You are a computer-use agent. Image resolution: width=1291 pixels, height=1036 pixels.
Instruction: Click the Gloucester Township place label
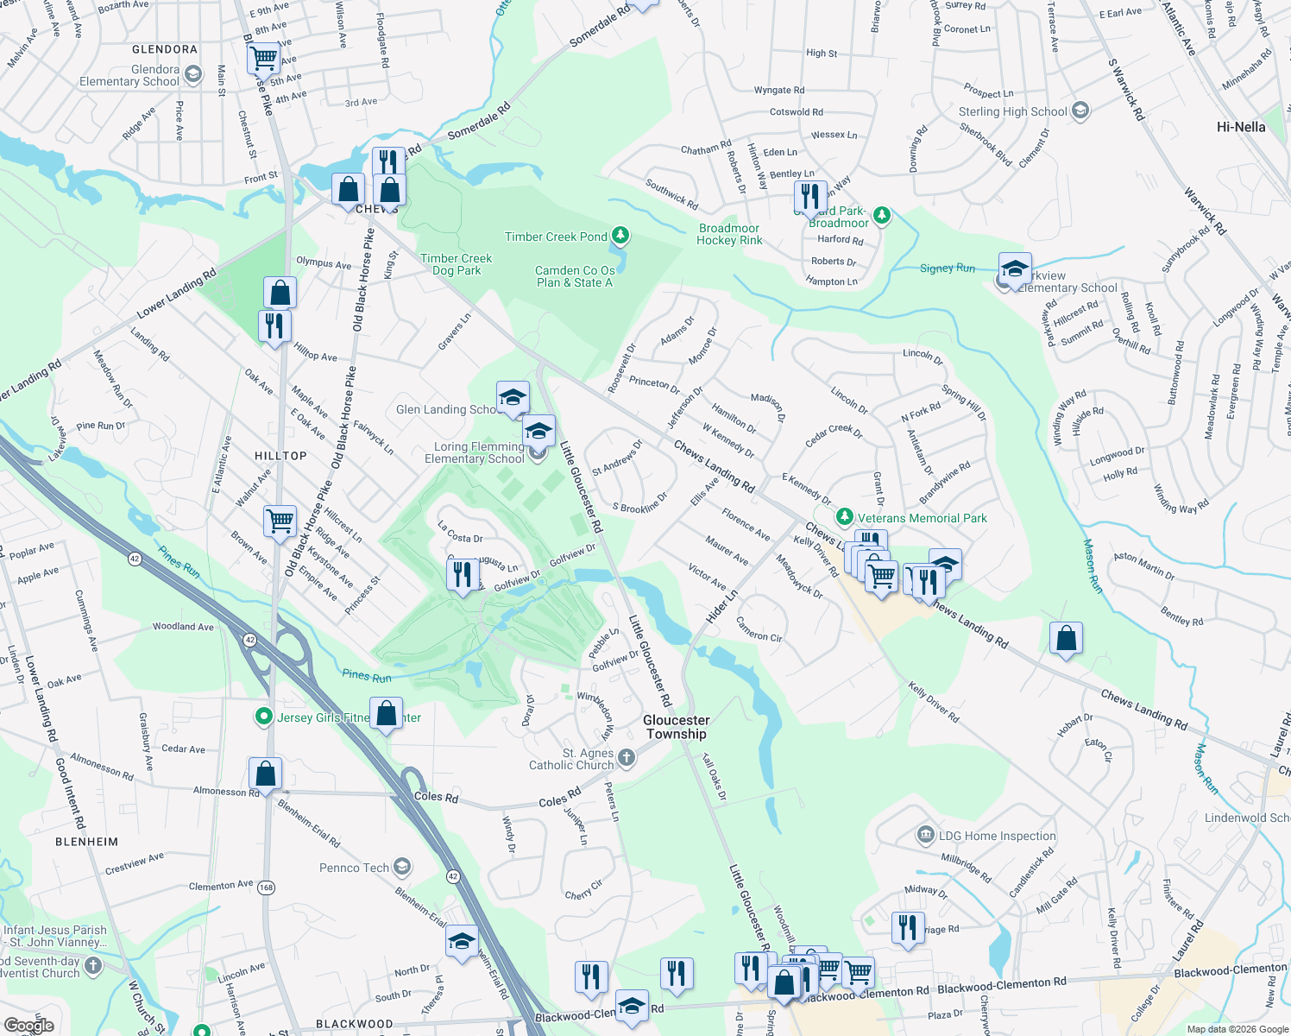pyautogui.click(x=677, y=727)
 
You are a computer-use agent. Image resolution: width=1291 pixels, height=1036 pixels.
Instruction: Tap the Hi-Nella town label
pyautogui.click(x=1240, y=127)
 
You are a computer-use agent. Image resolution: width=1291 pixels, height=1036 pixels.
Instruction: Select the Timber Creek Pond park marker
pyautogui.click(x=620, y=235)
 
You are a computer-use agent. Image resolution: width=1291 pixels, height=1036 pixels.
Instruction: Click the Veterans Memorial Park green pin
pyautogui.click(x=845, y=517)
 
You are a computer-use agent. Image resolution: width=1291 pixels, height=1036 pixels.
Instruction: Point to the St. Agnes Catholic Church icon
pyautogui.click(x=627, y=758)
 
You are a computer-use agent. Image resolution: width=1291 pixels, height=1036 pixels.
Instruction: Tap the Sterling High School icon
pyautogui.click(x=1080, y=111)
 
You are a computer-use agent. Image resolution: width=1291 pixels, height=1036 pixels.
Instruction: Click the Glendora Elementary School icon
pyautogui.click(x=192, y=75)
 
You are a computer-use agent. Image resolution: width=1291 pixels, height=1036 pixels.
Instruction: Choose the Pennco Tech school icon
pyautogui.click(x=401, y=867)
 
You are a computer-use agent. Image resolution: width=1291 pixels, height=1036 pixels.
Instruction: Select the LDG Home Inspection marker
pyautogui.click(x=925, y=835)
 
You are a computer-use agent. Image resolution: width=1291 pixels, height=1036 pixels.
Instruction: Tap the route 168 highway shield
pyautogui.click(x=266, y=887)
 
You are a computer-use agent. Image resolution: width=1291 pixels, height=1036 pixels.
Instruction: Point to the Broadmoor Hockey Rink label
pyautogui.click(x=729, y=234)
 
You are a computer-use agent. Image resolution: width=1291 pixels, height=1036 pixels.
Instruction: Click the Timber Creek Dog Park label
pyautogui.click(x=456, y=264)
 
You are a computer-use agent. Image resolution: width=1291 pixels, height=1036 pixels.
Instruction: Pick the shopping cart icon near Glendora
pyautogui.click(x=263, y=59)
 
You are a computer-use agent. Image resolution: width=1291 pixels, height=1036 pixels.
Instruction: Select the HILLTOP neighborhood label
pyautogui.click(x=280, y=456)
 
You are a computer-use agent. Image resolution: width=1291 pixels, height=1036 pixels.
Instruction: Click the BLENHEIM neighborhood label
pyautogui.click(x=86, y=842)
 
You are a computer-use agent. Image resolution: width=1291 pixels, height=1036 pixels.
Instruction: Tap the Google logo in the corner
pyautogui.click(x=28, y=1026)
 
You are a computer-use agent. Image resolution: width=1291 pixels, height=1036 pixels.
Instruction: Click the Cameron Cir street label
pyautogui.click(x=759, y=630)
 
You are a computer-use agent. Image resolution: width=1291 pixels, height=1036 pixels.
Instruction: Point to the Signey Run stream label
pyautogui.click(x=947, y=268)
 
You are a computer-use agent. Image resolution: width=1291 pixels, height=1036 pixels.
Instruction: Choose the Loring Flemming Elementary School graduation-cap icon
pyautogui.click(x=538, y=431)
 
